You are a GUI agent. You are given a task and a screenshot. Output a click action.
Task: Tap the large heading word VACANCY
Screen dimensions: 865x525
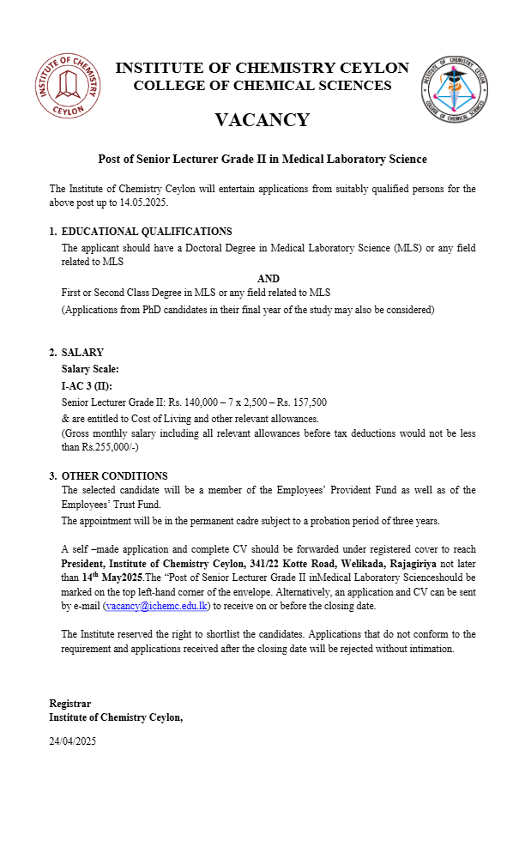tap(262, 120)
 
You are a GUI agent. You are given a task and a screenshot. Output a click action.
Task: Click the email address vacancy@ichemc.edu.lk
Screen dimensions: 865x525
tap(155, 606)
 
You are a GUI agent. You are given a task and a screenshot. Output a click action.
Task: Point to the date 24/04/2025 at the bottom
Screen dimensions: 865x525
tap(73, 741)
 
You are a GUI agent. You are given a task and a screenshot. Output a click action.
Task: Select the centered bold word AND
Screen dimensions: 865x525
tap(269, 279)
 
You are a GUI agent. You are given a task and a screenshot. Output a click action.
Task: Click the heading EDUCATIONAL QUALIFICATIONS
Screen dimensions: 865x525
tap(147, 231)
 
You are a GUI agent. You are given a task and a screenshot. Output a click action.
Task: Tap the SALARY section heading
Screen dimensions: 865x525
tap(82, 353)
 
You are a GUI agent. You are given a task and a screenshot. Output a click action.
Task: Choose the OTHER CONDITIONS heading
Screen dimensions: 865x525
tap(114, 476)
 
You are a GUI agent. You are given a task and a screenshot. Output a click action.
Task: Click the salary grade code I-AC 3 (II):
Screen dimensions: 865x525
tap(86, 385)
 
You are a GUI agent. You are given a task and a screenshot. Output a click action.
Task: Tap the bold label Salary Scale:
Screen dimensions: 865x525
tap(90, 369)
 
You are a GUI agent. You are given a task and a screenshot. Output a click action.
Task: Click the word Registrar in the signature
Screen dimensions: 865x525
tap(69, 704)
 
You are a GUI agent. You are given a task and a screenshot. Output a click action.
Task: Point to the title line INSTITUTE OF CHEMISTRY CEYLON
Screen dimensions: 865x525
tap(262, 69)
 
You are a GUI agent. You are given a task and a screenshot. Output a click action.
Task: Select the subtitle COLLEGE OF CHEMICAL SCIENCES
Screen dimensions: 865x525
tap(262, 86)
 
